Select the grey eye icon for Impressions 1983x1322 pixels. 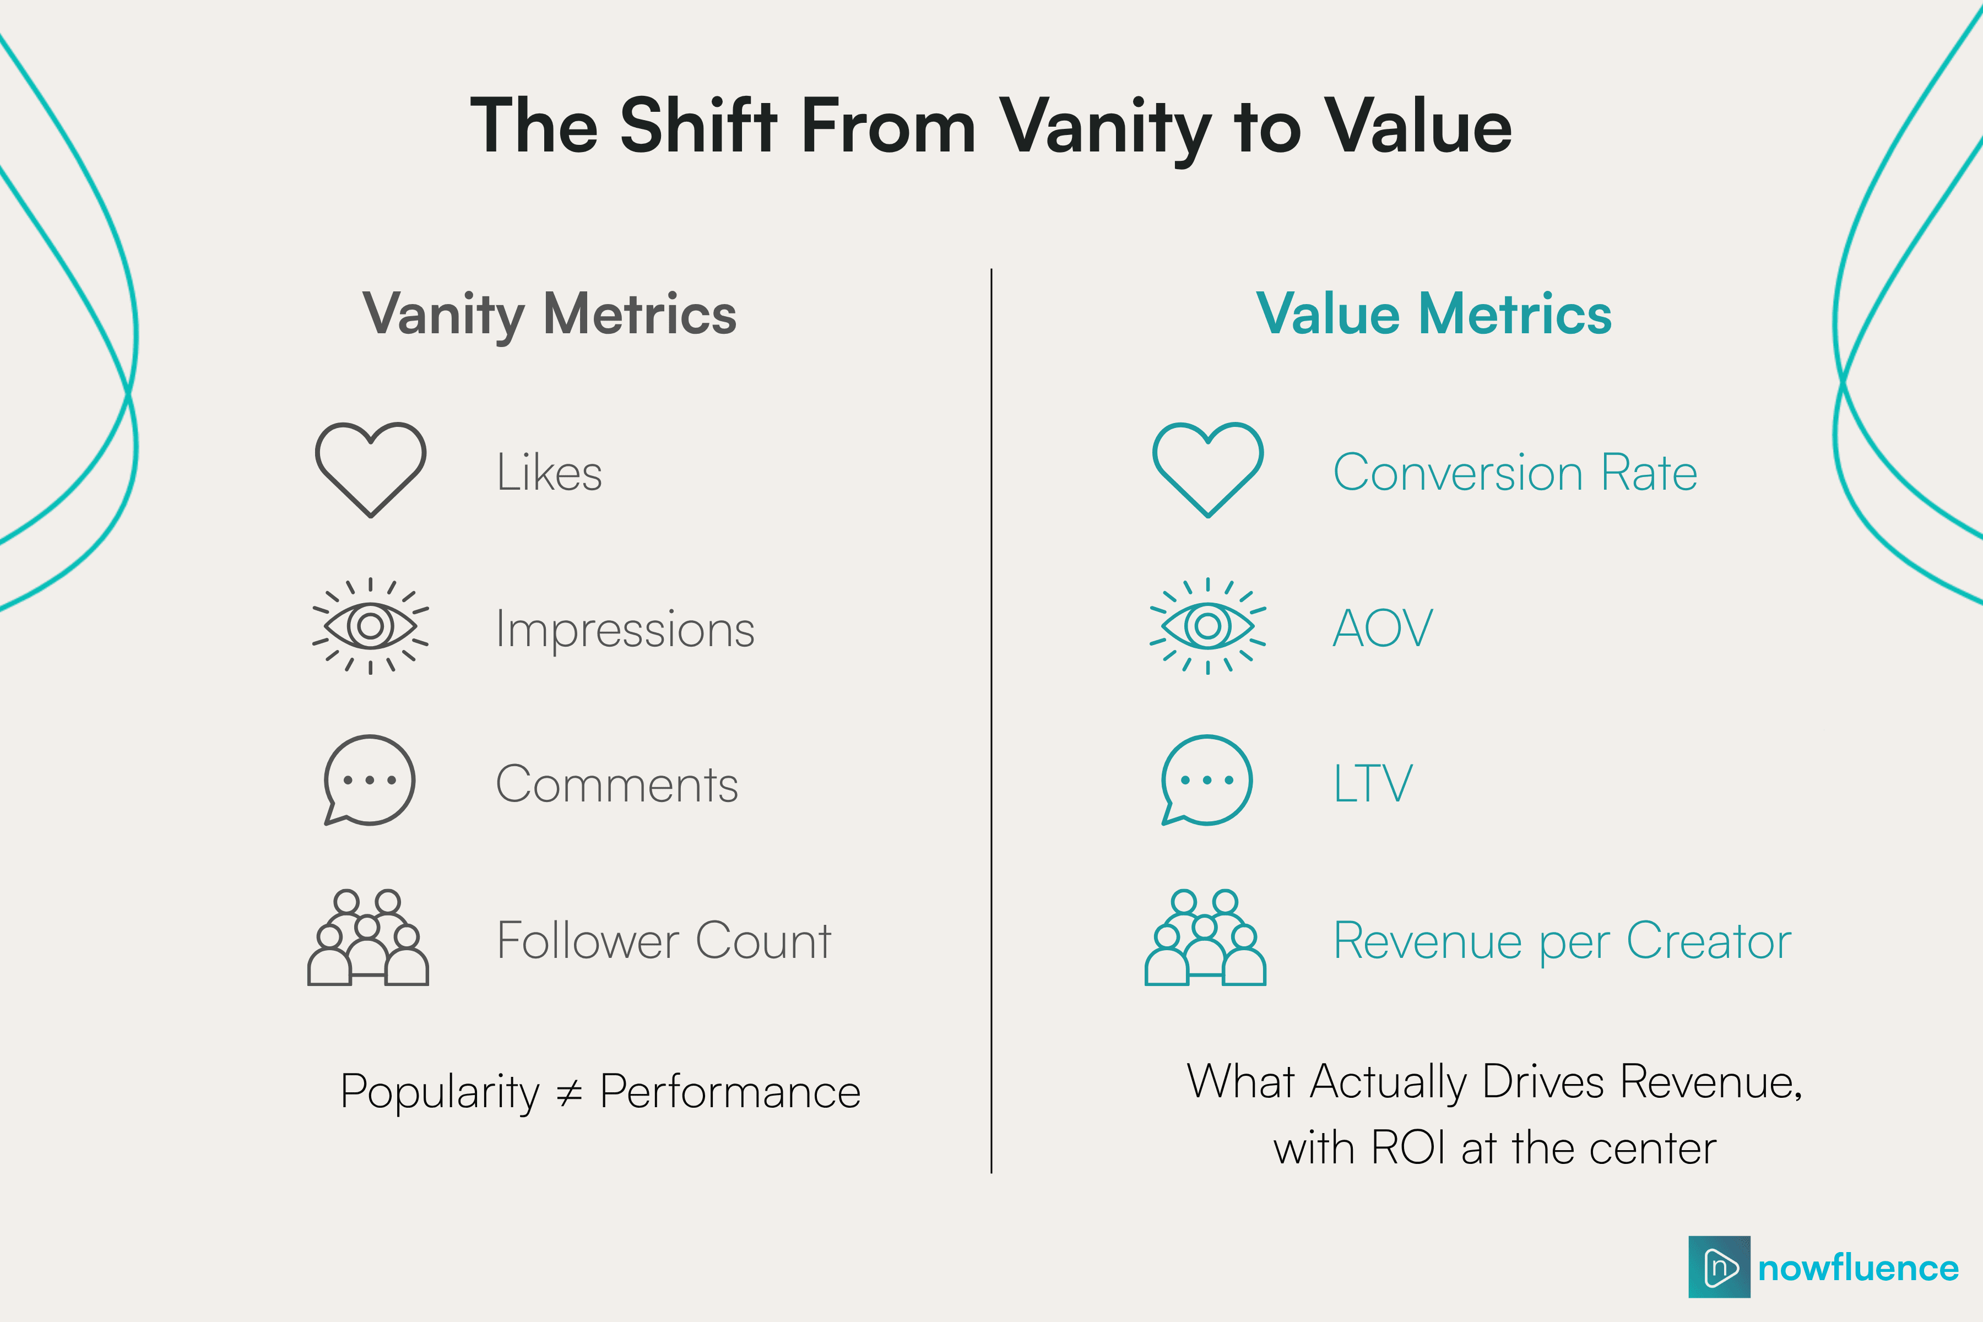pyautogui.click(x=370, y=626)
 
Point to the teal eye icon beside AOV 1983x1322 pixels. pyautogui.click(x=1207, y=626)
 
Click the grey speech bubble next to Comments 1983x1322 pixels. pyautogui.click(x=369, y=780)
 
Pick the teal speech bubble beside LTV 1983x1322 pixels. pyautogui.click(x=1206, y=780)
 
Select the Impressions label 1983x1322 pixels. pyautogui.click(x=625, y=629)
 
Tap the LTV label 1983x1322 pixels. pyautogui.click(x=1372, y=783)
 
